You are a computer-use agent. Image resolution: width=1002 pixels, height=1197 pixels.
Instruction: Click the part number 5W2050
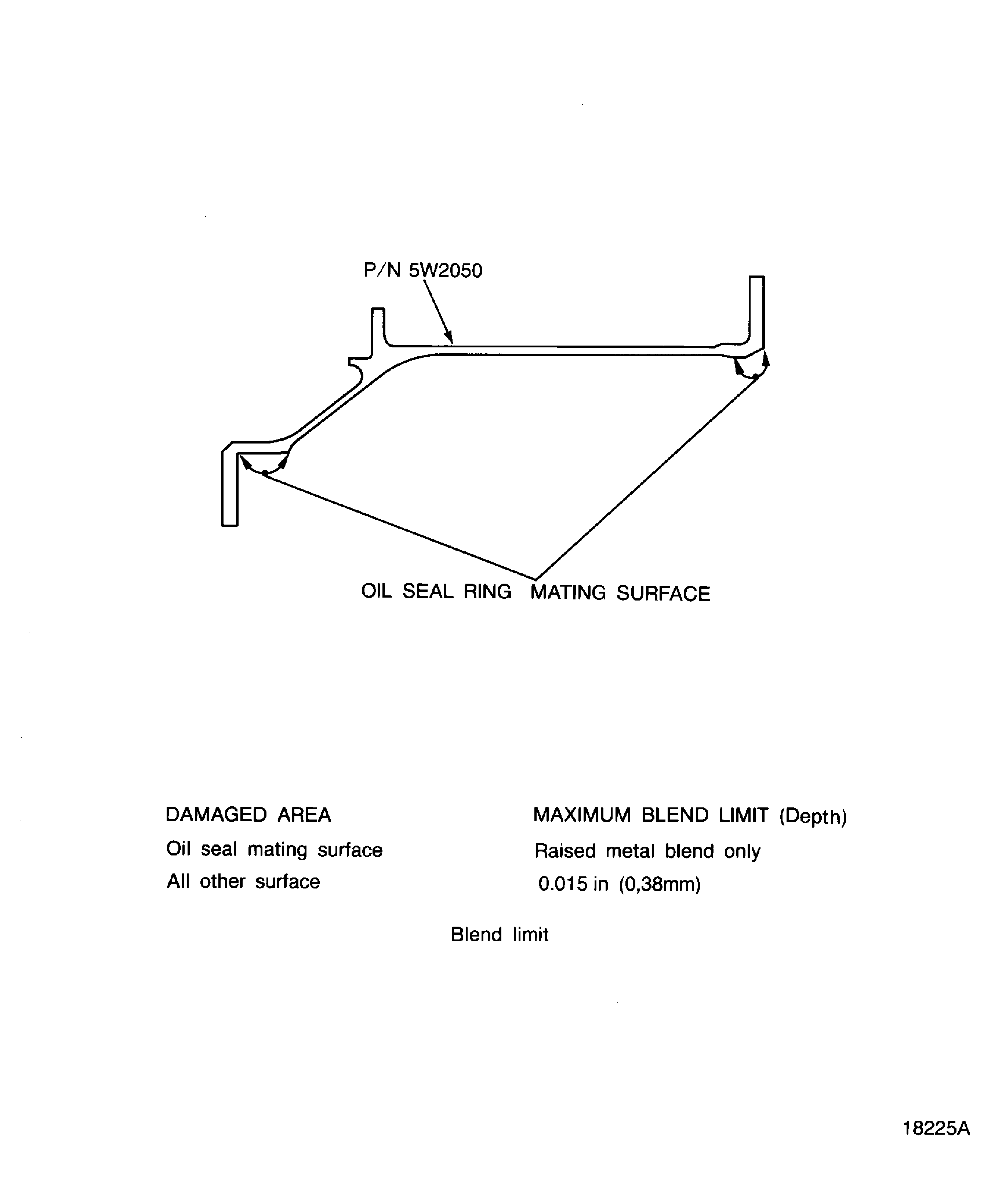click(446, 270)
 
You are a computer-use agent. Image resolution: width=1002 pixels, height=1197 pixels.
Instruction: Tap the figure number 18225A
click(936, 1128)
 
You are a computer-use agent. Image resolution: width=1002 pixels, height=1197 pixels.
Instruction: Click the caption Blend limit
click(500, 935)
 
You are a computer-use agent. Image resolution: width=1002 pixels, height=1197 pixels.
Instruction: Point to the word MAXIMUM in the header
click(582, 815)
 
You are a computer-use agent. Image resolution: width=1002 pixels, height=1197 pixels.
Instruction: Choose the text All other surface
click(243, 882)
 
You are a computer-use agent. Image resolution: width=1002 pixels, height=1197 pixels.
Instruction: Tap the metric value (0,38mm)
click(660, 885)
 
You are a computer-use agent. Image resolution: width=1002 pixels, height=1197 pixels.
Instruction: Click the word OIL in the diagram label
click(376, 591)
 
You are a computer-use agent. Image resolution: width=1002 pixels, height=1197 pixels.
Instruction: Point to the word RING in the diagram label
click(487, 592)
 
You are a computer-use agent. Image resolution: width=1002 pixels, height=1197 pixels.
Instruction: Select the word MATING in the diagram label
click(568, 593)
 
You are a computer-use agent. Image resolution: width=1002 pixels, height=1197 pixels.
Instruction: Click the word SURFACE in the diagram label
click(663, 594)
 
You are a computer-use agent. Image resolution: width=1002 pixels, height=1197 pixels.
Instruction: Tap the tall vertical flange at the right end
click(756, 311)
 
